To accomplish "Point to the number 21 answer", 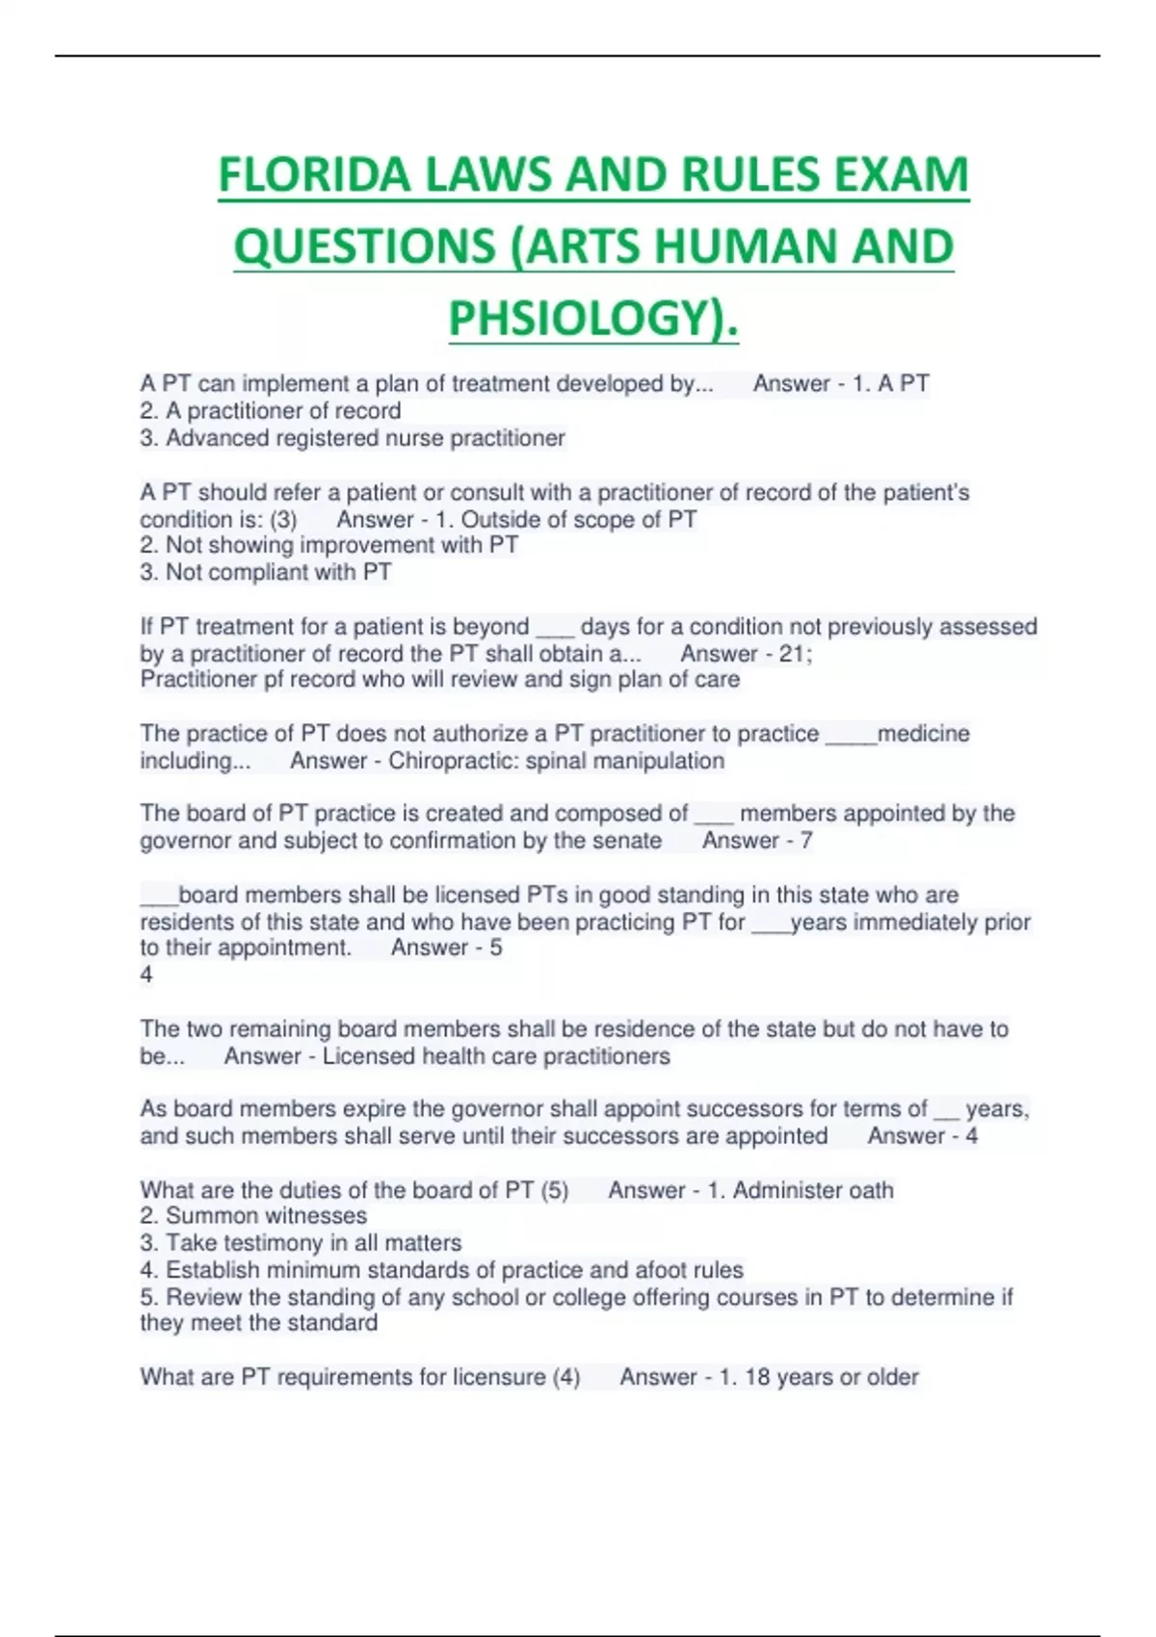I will (x=792, y=654).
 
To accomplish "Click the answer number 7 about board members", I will (x=806, y=841).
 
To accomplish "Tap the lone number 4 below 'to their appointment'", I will (x=146, y=974).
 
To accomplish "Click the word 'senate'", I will (x=628, y=841).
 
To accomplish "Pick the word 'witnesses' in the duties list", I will (x=316, y=1215).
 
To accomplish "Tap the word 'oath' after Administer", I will (x=870, y=1190).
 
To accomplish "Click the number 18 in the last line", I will (x=757, y=1377).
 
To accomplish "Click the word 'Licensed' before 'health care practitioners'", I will (x=365, y=1056).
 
